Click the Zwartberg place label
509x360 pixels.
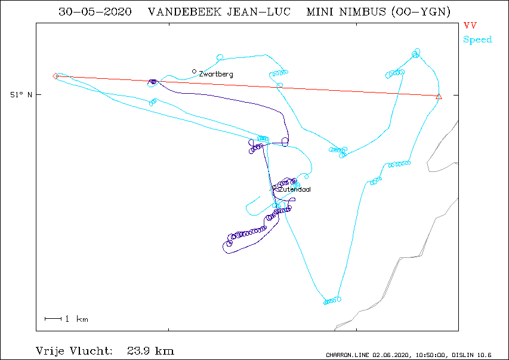coord(216,74)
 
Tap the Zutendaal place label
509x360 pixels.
coord(295,189)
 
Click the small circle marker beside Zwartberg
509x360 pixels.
coord(194,71)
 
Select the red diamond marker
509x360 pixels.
coord(55,76)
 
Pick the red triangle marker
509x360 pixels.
coord(439,97)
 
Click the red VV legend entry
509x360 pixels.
coord(470,25)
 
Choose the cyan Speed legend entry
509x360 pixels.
coord(477,39)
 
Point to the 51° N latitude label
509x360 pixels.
coord(21,94)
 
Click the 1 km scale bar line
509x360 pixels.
coord(53,319)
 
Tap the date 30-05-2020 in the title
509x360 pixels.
coord(95,12)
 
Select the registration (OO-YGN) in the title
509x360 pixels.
coord(421,12)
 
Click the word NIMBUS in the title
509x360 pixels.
coord(362,12)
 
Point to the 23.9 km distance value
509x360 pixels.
coord(150,351)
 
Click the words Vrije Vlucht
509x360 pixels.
coord(75,351)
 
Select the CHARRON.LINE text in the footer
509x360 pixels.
coord(347,355)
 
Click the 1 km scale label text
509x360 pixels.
coord(76,319)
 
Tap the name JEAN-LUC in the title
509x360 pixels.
coord(258,12)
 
